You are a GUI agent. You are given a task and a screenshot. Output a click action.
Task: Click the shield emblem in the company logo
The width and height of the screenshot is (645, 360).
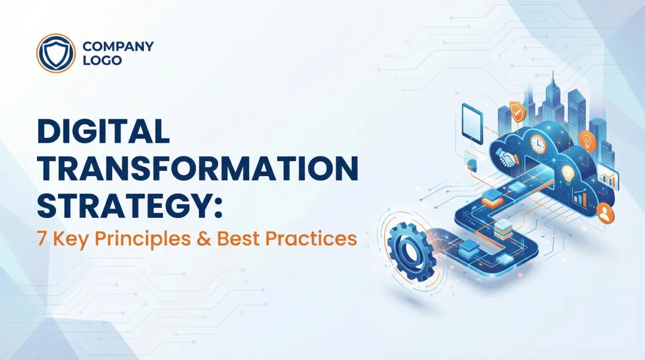(56, 53)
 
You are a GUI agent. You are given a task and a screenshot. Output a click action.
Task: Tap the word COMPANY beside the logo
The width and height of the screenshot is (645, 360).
(118, 46)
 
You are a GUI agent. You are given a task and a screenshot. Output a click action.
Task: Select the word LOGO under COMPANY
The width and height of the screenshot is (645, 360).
(102, 60)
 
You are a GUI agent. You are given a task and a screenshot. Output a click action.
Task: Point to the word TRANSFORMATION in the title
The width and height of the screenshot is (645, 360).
(198, 168)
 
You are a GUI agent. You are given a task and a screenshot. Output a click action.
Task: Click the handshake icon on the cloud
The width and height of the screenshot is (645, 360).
(508, 158)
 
